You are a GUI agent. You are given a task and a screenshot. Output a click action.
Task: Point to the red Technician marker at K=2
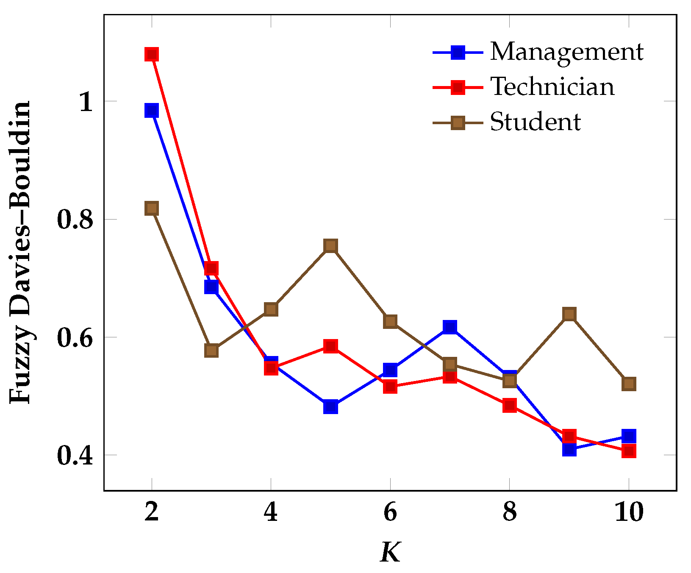coord(151,54)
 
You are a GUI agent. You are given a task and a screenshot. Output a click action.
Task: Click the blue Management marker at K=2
coord(151,111)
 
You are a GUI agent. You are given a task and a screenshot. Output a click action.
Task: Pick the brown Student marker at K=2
coord(151,208)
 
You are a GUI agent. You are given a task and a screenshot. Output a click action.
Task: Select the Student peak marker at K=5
coord(330,246)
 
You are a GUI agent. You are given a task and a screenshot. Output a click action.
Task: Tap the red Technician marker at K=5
coord(330,346)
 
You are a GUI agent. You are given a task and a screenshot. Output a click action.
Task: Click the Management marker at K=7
coord(450,327)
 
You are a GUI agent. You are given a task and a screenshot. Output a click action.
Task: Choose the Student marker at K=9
coord(569,314)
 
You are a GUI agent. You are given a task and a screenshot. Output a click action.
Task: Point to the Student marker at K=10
coord(629,384)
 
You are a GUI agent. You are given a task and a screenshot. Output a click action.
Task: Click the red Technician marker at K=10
coord(629,451)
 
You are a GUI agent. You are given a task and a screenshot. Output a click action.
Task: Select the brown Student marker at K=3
coord(211,350)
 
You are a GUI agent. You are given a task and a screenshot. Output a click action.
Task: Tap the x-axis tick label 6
coord(390,512)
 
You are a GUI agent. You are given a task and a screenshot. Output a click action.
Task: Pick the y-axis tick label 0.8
coord(75,220)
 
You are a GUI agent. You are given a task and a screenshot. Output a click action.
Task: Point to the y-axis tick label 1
coord(86,102)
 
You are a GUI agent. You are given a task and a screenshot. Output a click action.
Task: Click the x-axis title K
coord(390,552)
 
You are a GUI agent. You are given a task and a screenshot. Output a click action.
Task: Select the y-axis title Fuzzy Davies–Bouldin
coord(20,252)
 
